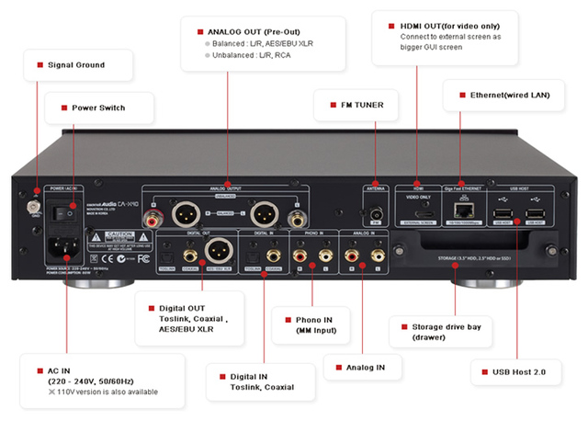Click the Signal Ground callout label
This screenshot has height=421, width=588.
tap(75, 65)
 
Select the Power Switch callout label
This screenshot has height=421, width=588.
tap(98, 108)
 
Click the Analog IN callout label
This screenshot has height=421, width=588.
tap(366, 366)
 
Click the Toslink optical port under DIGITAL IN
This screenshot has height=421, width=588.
tap(254, 250)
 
